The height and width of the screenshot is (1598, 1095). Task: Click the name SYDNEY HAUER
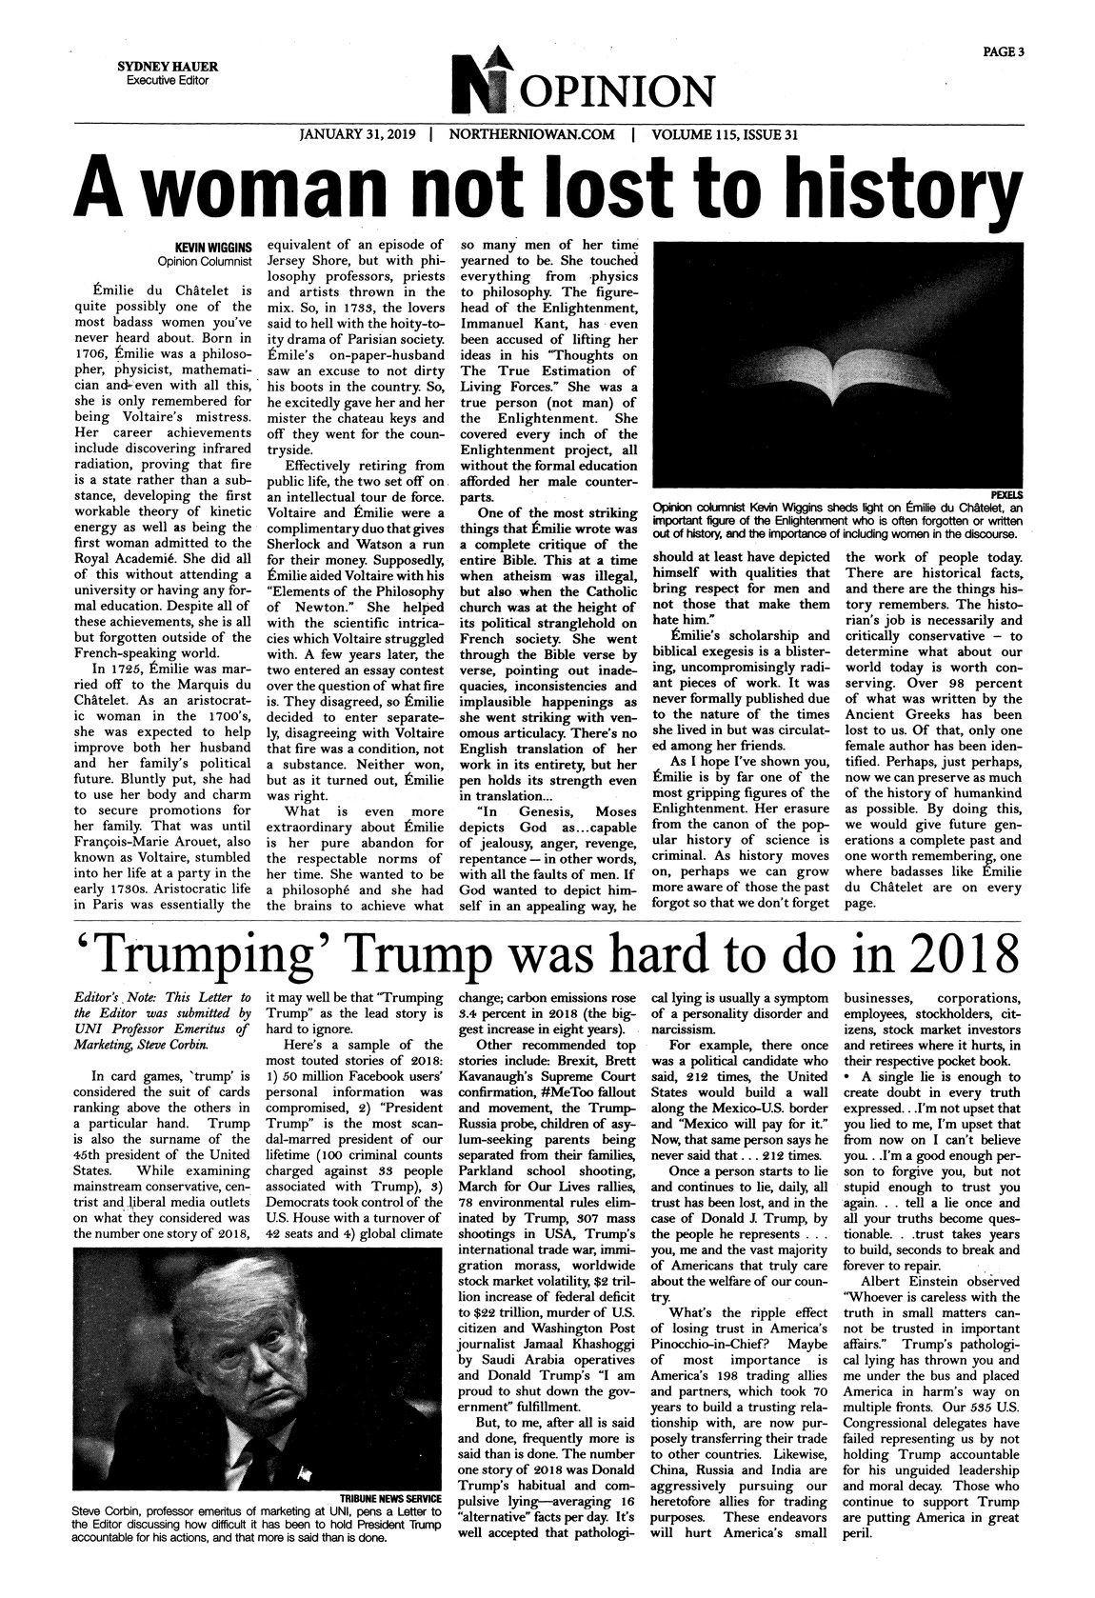tap(167, 67)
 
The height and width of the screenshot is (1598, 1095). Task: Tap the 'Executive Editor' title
tap(167, 81)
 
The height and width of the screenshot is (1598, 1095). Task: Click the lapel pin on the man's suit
tap(303, 1447)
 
